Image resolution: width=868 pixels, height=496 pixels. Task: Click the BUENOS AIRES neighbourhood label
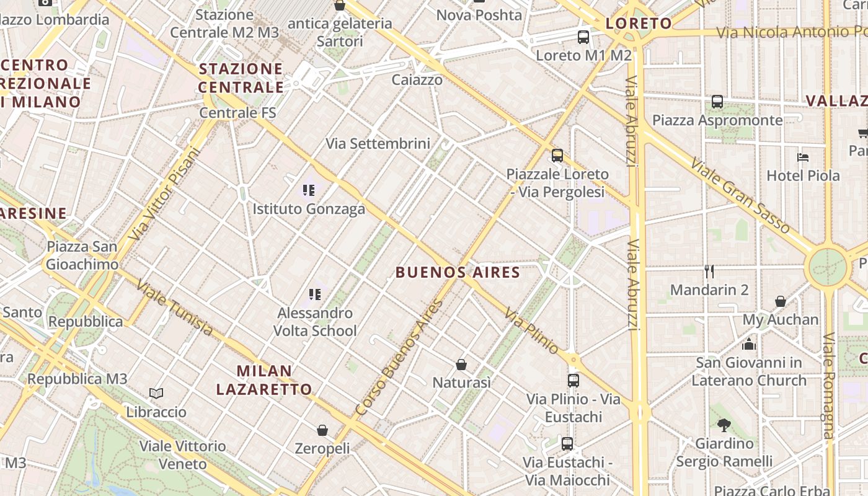point(458,272)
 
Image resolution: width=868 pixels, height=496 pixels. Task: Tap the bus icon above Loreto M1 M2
point(583,37)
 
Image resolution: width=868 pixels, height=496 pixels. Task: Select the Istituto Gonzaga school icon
point(308,190)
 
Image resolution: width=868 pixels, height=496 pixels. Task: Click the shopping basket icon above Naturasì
point(461,364)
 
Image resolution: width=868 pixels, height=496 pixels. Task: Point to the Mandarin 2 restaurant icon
point(709,271)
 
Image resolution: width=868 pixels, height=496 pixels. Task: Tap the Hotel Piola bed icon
point(803,157)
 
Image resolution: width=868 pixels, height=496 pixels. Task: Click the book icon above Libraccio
point(156,393)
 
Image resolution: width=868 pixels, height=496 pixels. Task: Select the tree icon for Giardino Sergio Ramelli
point(724,425)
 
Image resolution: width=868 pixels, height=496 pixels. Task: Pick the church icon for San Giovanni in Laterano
point(749,343)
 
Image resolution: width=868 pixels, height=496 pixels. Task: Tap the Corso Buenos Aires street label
point(400,357)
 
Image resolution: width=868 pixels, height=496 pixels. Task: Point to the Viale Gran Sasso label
point(743,194)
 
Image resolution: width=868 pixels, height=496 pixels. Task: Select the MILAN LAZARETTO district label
point(264,380)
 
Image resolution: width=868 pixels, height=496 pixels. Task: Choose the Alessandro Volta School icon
point(315,294)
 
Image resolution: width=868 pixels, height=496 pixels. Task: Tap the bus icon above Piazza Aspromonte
point(717,102)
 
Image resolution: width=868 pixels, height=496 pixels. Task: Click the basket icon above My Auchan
point(781,301)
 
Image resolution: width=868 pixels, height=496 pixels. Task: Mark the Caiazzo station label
point(417,80)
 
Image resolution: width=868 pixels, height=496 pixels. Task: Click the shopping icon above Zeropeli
point(322,430)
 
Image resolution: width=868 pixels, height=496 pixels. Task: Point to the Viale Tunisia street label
point(174,308)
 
